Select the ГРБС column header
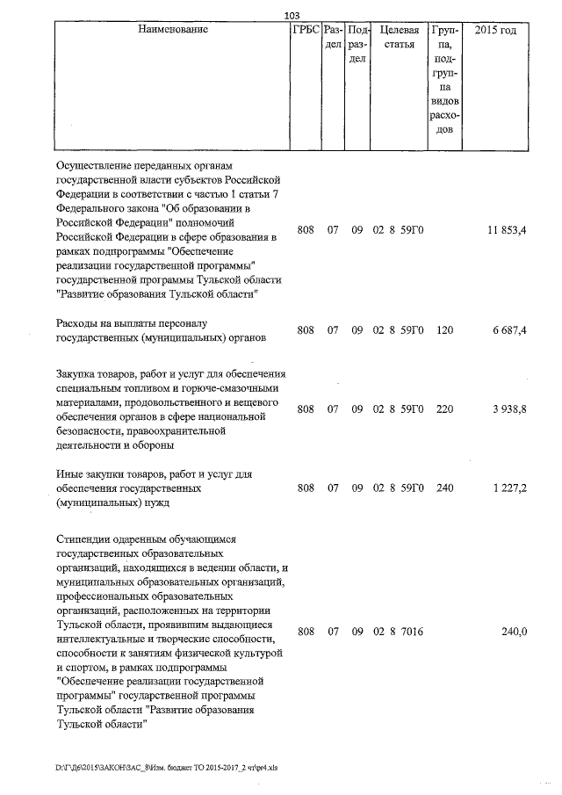coord(304,30)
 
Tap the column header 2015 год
coord(494,30)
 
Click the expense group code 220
coord(443,408)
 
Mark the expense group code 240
coord(443,488)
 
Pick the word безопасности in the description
coord(93,430)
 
